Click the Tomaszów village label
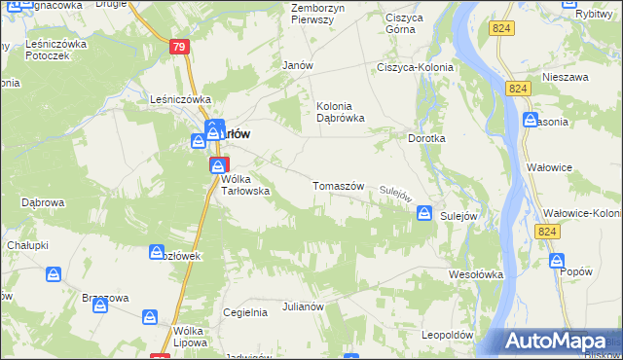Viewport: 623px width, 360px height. click(x=338, y=186)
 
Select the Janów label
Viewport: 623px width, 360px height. click(x=296, y=65)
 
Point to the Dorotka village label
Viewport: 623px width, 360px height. click(x=426, y=139)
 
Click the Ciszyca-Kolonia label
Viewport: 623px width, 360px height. click(x=412, y=67)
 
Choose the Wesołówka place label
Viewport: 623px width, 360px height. click(x=475, y=274)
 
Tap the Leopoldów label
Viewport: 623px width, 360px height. click(x=447, y=335)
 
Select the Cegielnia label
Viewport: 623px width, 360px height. click(x=244, y=312)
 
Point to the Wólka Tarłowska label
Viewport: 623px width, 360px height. click(x=244, y=185)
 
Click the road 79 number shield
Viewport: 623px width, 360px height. click(x=178, y=47)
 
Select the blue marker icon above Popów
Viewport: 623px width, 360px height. click(x=556, y=260)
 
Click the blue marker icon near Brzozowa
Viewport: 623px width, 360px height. click(x=100, y=305)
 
